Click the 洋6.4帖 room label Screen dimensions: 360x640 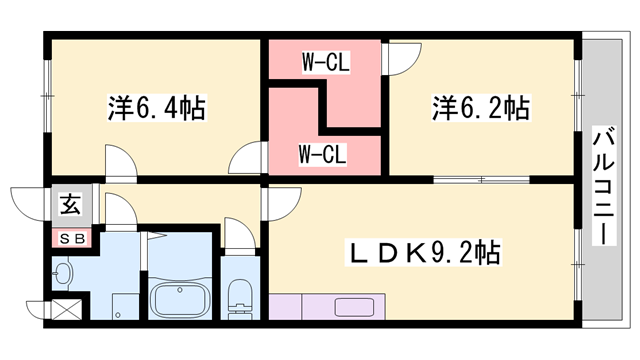[156, 107]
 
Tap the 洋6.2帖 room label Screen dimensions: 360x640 [480, 107]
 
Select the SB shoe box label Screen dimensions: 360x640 [71, 239]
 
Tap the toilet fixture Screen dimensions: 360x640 [240, 298]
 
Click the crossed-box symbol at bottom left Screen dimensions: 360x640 [66, 311]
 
